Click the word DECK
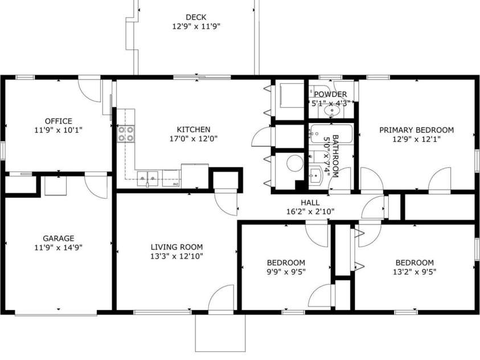point(196,17)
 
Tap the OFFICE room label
point(59,121)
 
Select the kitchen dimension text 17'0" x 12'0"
point(194,138)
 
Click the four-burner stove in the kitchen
point(126,133)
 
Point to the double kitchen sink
point(150,178)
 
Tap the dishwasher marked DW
point(171,179)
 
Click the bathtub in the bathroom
point(317,137)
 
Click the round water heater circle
point(294,163)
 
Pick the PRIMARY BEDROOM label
point(417,130)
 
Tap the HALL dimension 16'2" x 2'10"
point(310,211)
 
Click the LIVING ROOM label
point(177,247)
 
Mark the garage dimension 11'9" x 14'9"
point(59,247)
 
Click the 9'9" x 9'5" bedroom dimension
point(286,272)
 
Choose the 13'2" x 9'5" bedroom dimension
point(415,272)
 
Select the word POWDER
point(330,95)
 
